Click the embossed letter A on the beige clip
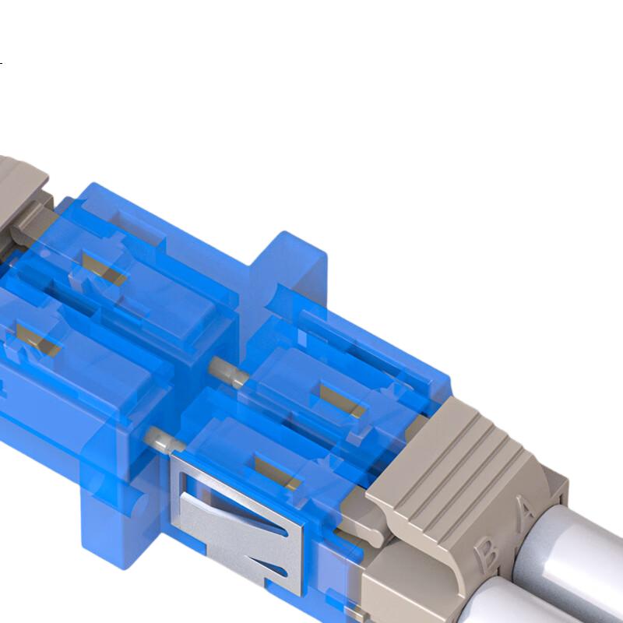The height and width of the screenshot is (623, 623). [x=527, y=512]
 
